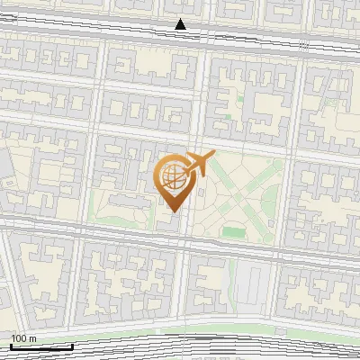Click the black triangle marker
tap(181, 24)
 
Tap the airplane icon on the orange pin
tap(197, 165)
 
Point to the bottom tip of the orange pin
tap(171, 211)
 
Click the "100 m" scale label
tap(23, 338)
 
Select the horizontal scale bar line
tap(41, 346)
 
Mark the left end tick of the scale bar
tap(12, 346)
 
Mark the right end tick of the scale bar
tap(72, 346)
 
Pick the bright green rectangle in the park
tap(234, 232)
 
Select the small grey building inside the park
tap(200, 193)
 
